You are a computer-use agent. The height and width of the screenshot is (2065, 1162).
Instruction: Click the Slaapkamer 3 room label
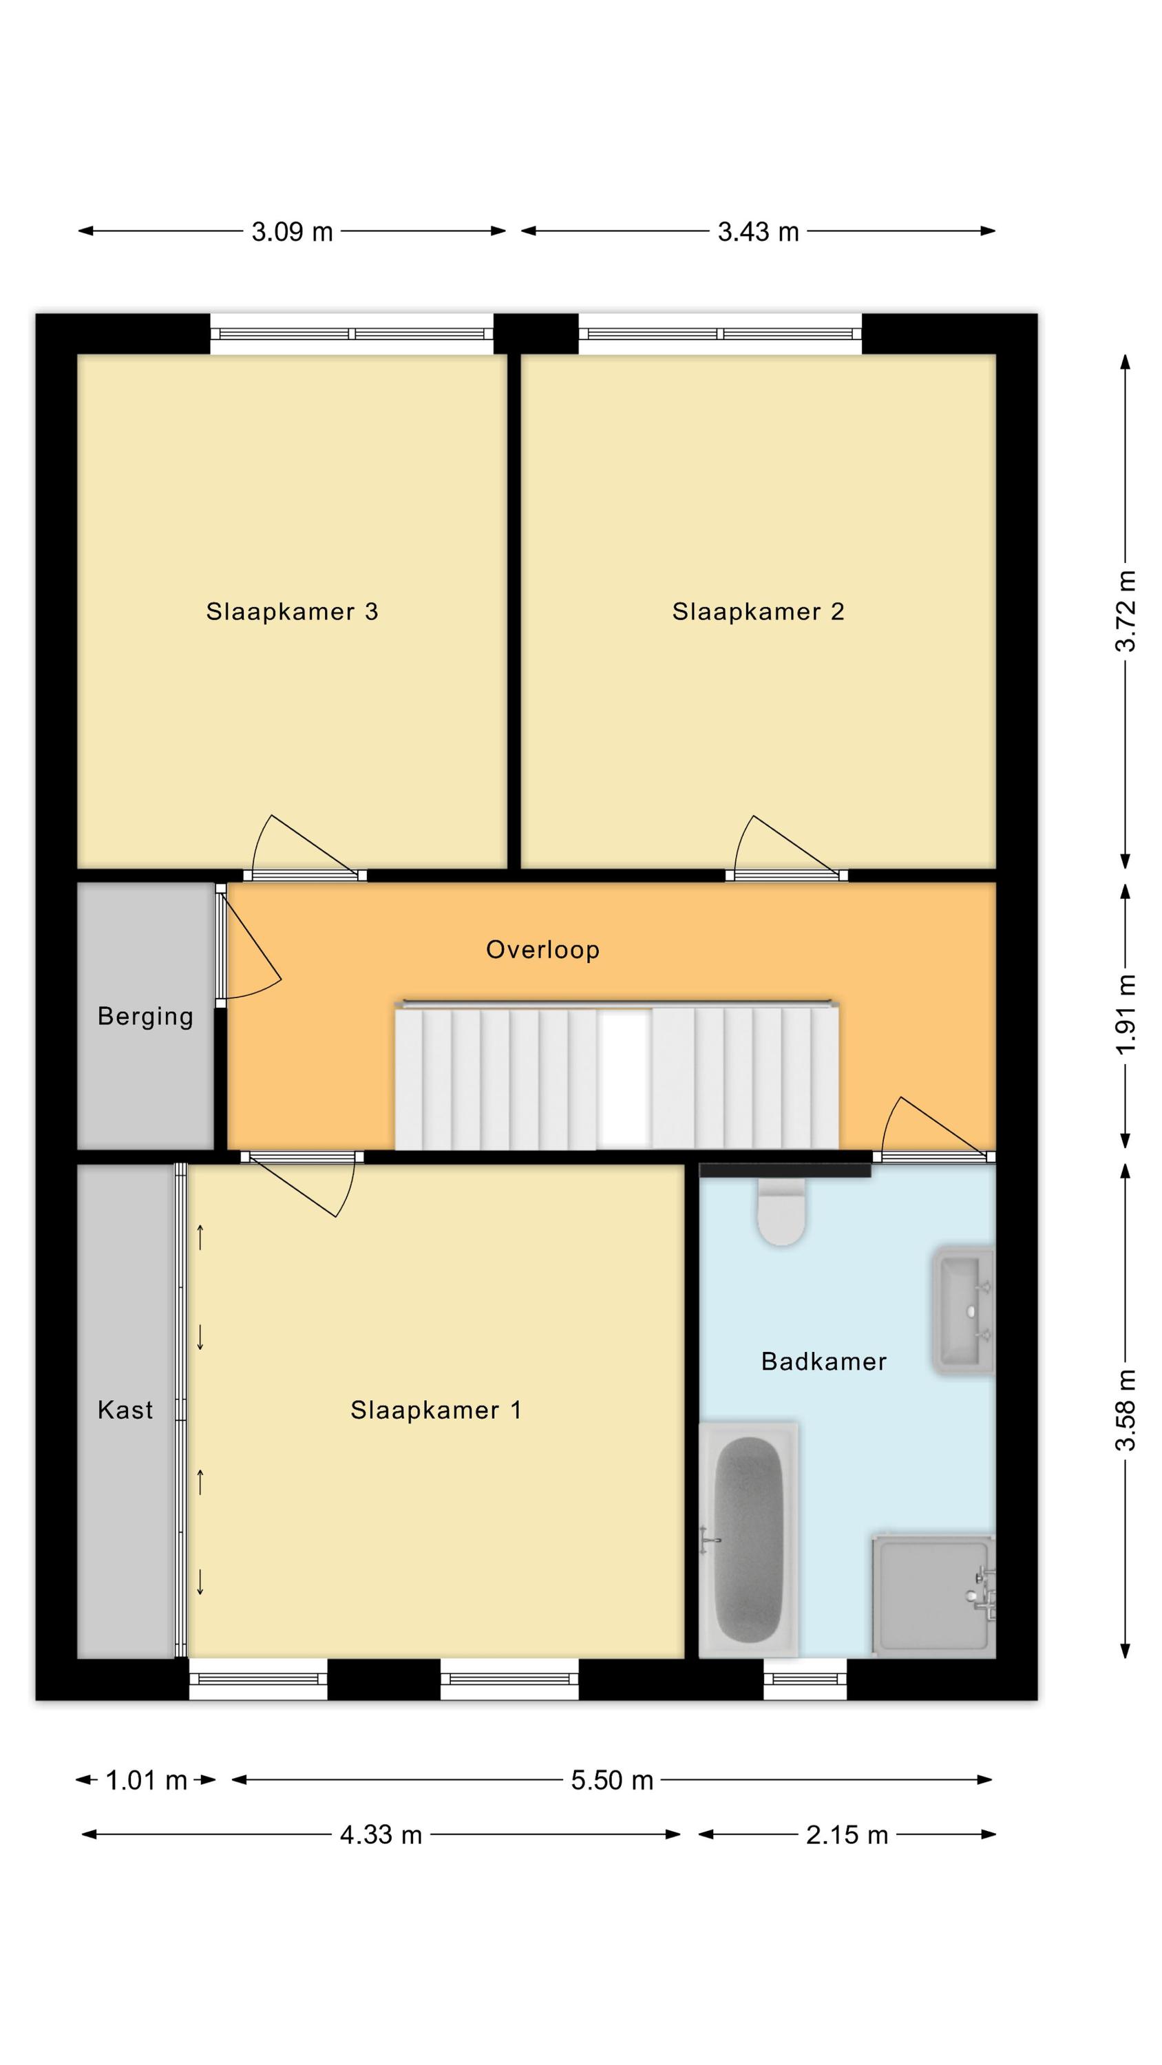pyautogui.click(x=292, y=612)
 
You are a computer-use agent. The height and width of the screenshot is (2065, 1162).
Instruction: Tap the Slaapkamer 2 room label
pyautogui.click(x=758, y=612)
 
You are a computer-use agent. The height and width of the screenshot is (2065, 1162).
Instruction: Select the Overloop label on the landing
pyautogui.click(x=543, y=950)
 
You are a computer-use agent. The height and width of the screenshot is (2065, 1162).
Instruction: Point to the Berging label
pyautogui.click(x=145, y=1017)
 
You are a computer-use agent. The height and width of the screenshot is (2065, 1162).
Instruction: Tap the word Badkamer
pyautogui.click(x=823, y=1361)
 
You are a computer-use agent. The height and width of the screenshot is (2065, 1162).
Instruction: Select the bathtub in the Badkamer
pyautogui.click(x=748, y=1540)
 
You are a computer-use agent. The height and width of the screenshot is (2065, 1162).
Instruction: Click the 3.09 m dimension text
pyautogui.click(x=292, y=232)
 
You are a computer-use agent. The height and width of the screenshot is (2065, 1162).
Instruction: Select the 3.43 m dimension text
pyautogui.click(x=758, y=232)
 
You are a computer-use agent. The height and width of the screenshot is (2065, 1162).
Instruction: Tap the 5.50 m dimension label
pyautogui.click(x=612, y=1781)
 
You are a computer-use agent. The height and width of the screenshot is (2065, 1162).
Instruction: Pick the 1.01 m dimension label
pyautogui.click(x=146, y=1781)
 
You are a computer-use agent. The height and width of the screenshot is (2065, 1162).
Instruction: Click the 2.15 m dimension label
pyautogui.click(x=847, y=1835)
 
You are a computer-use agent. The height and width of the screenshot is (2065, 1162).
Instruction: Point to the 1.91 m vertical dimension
pyautogui.click(x=1126, y=1015)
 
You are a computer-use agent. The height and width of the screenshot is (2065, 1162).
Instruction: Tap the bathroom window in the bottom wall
pyautogui.click(x=805, y=1679)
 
